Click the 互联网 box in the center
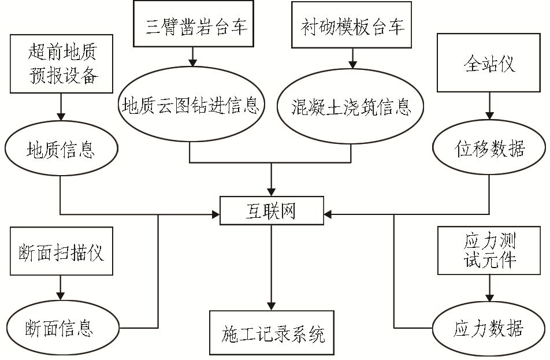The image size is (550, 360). point(272,212)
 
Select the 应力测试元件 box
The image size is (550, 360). point(489,250)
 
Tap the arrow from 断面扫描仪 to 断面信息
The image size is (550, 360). point(60,287)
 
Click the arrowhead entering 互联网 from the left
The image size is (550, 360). point(215,215)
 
